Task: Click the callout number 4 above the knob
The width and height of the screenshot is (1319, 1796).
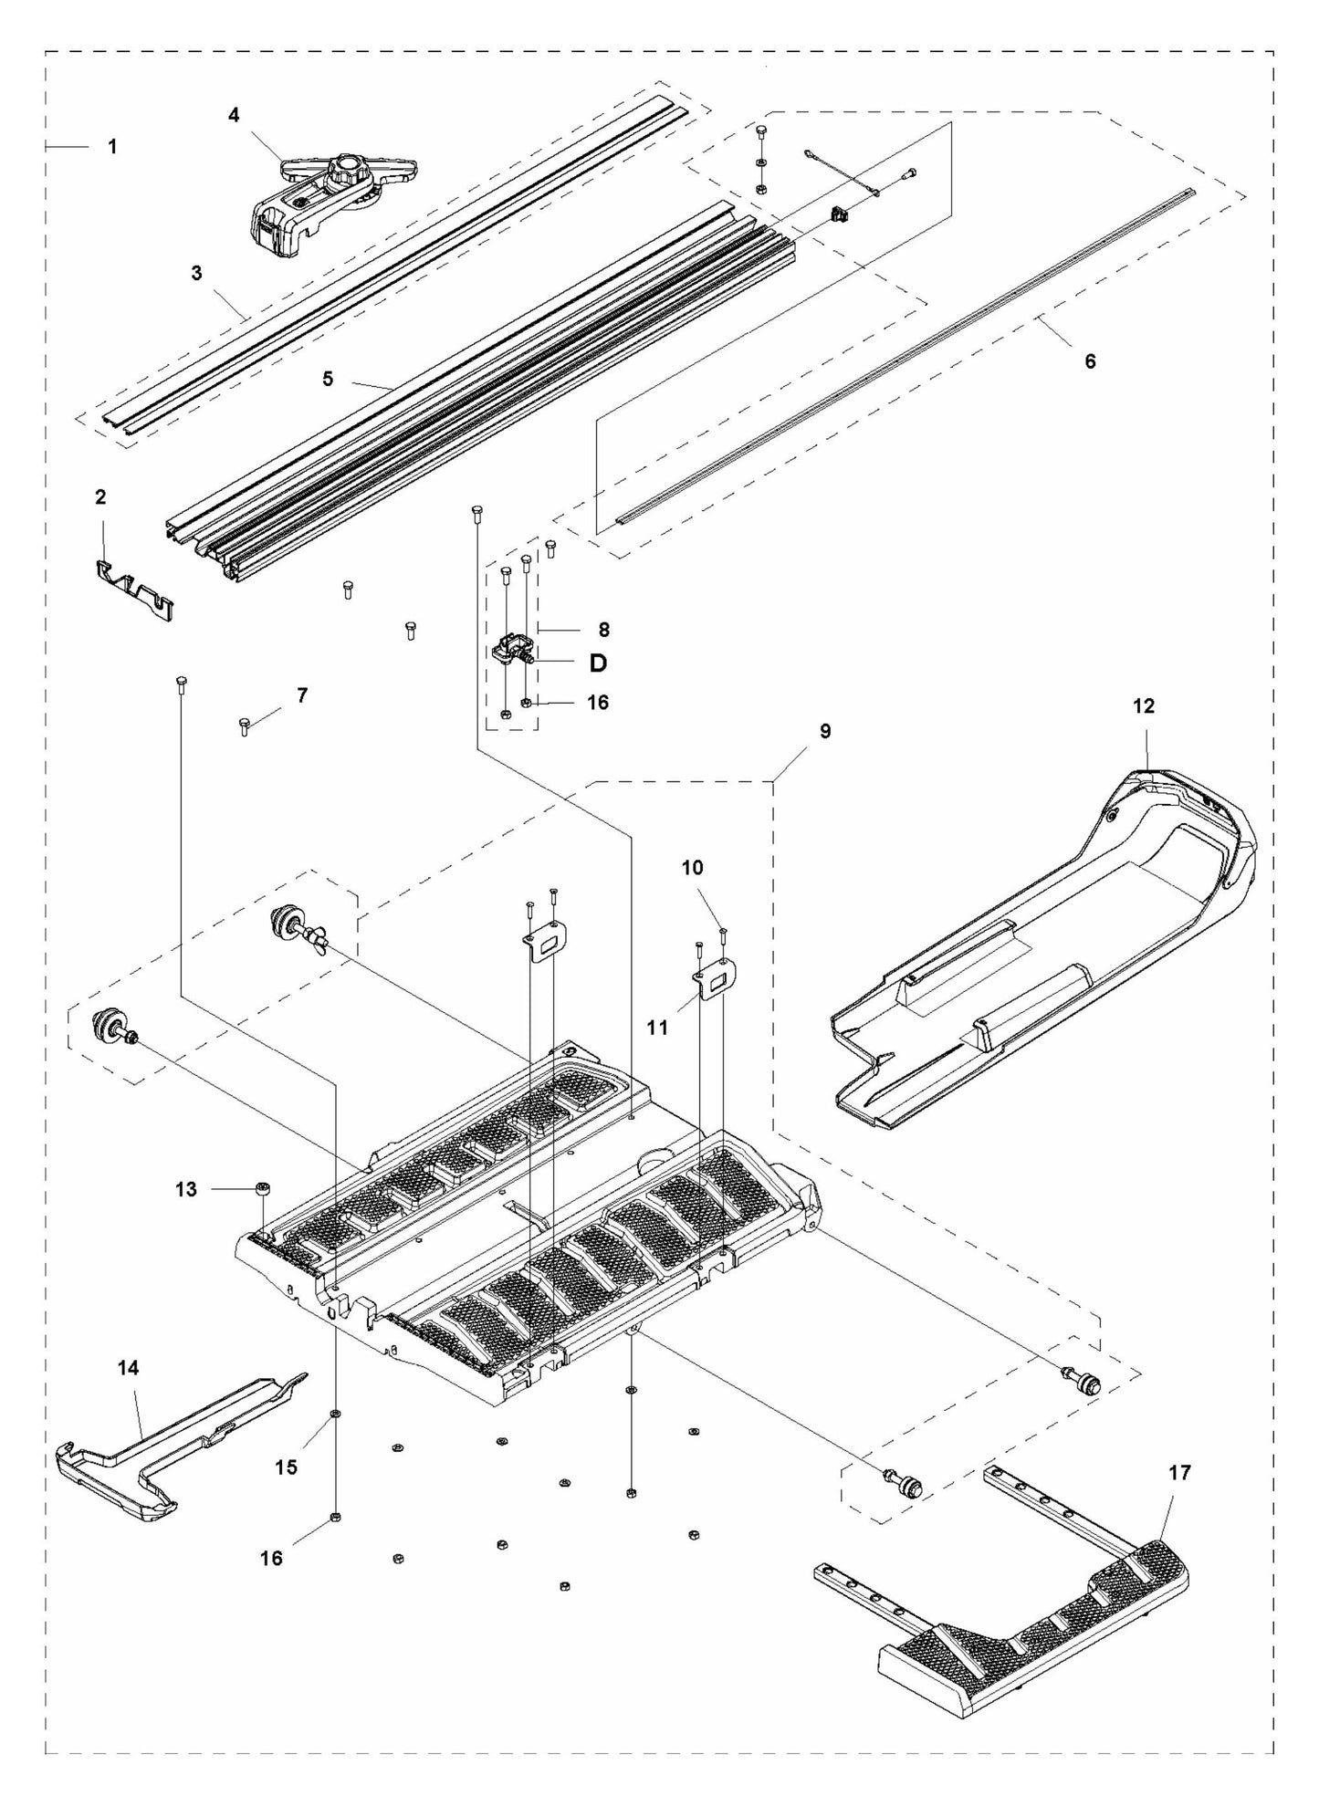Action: click(x=235, y=115)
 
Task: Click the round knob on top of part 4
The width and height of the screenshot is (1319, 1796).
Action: click(x=348, y=169)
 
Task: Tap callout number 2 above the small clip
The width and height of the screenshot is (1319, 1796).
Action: click(x=100, y=497)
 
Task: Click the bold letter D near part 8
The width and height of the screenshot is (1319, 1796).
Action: click(x=598, y=663)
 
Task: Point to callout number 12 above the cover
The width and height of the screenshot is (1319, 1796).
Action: click(x=1144, y=705)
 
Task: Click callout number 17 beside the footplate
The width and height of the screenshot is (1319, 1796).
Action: click(x=1178, y=1472)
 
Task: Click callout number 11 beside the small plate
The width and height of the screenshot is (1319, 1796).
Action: click(x=657, y=1028)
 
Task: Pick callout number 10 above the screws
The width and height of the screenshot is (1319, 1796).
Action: click(x=693, y=867)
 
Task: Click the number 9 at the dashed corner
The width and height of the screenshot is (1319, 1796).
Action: click(x=825, y=731)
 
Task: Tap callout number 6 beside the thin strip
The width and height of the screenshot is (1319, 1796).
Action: click(x=1090, y=360)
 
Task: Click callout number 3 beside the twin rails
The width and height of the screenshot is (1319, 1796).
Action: click(x=196, y=273)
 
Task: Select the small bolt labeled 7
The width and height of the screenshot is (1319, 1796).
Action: click(x=244, y=726)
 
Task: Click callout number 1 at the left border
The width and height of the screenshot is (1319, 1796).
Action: click(x=112, y=146)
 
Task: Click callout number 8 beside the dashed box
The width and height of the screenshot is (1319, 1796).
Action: click(x=603, y=630)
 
